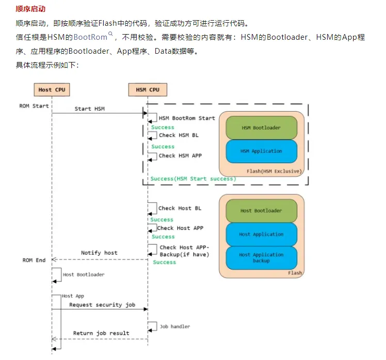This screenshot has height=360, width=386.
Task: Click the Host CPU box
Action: pyautogui.click(x=52, y=90)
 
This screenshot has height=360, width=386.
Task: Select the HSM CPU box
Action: pyautogui.click(x=148, y=90)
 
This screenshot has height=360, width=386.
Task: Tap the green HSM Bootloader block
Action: pyautogui.click(x=261, y=128)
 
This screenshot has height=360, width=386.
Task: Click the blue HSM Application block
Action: pyautogui.click(x=261, y=151)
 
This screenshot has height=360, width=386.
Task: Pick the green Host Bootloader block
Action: pyautogui.click(x=261, y=211)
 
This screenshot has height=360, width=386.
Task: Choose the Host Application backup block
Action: pyautogui.click(x=261, y=258)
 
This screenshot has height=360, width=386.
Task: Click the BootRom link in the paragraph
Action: pyautogui.click(x=90, y=37)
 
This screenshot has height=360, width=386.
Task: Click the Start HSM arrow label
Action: pyautogui.click(x=90, y=109)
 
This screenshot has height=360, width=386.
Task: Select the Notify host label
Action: pyautogui.click(x=99, y=253)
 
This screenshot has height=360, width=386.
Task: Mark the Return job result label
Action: pyautogui.click(x=101, y=333)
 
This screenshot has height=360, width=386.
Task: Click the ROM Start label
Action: pyautogui.click(x=34, y=106)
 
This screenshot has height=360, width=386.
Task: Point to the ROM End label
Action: pyautogui.click(x=34, y=260)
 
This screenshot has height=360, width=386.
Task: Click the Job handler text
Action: pyautogui.click(x=174, y=326)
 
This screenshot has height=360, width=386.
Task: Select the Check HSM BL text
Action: pyautogui.click(x=179, y=135)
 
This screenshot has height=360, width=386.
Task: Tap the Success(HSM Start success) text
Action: pyautogui.click(x=193, y=179)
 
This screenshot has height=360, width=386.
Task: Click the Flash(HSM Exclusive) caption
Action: pyautogui.click(x=275, y=170)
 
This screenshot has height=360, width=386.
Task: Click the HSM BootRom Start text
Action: pyautogui.click(x=187, y=118)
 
